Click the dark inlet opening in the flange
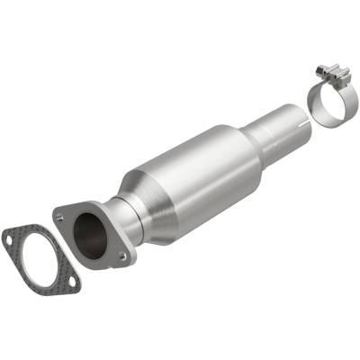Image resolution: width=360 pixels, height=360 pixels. [x=90, y=233]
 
